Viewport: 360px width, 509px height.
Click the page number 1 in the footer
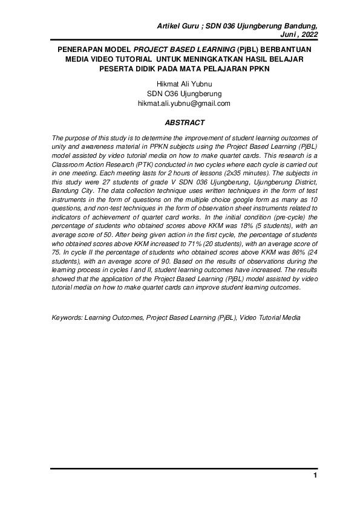(315, 476)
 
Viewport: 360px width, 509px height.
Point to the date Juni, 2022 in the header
(299, 35)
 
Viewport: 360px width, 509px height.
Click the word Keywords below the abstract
(67, 317)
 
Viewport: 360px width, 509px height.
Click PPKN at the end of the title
(239, 69)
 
